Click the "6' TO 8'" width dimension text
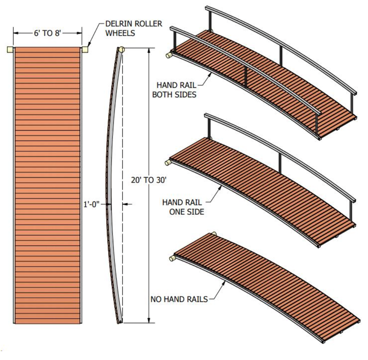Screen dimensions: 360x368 point(47,33)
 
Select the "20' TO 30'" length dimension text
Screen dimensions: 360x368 point(148,180)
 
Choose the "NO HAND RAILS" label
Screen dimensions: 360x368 point(179,299)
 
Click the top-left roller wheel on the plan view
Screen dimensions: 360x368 point(10,49)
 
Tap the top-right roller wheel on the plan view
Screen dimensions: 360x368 point(85,49)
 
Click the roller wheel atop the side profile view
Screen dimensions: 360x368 point(121,49)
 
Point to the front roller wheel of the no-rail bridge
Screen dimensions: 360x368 point(172,257)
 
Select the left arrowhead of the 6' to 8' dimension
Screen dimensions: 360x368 point(16,33)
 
